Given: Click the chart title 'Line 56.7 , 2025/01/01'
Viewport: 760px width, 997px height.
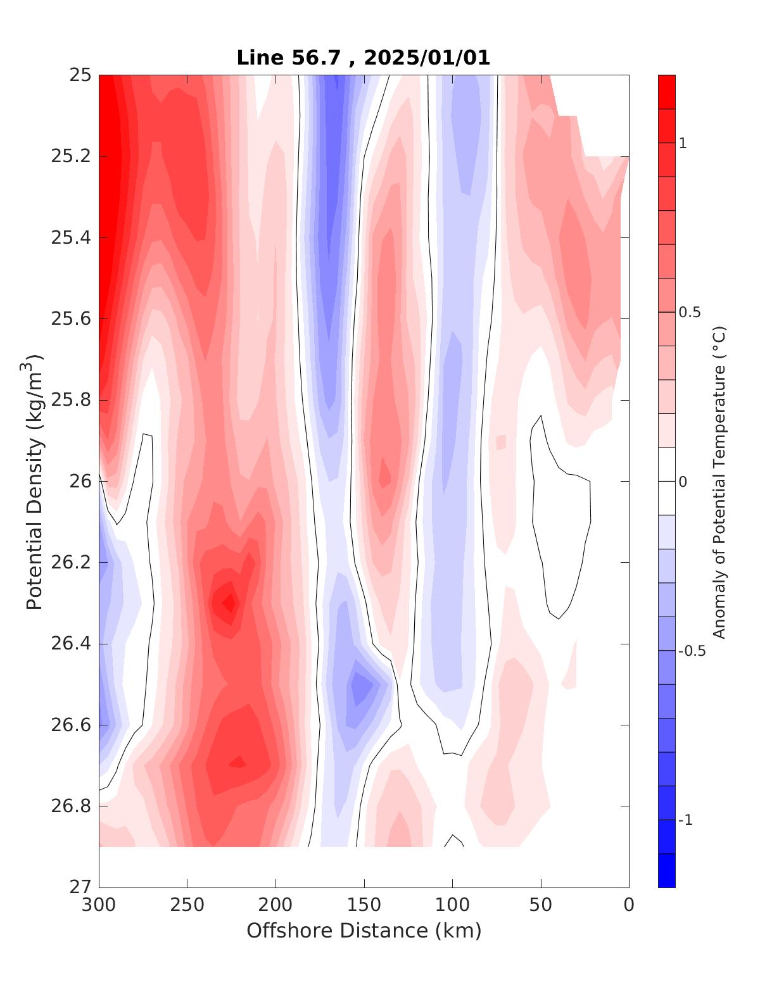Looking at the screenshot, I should [363, 58].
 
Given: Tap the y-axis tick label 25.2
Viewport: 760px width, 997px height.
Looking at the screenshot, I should [70, 156].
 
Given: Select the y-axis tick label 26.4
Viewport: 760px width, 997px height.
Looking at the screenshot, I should [70, 644].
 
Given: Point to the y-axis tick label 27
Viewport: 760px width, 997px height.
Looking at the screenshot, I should [80, 887].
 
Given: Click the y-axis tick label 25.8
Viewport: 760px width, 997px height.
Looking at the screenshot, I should [70, 400].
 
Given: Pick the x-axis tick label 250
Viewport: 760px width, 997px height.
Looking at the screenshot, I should [187, 905].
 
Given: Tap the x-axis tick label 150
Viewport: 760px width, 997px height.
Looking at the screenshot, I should [364, 905].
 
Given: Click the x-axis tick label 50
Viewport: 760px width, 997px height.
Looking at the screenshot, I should [541, 905].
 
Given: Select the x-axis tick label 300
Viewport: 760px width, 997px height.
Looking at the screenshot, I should [99, 905].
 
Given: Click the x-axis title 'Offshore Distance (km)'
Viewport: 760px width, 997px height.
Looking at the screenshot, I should [364, 931].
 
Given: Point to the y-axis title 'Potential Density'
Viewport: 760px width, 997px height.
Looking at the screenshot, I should [34, 481].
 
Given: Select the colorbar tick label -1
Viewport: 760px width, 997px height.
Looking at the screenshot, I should [685, 820].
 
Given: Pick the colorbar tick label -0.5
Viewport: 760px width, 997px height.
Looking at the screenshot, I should [692, 651].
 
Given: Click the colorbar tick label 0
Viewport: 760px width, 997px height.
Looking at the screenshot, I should [682, 482].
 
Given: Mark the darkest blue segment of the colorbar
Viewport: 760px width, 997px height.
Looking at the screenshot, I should [666, 870].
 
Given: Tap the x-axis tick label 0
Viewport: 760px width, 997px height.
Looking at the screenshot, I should [629, 905].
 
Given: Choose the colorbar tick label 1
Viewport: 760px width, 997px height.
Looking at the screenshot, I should [682, 144].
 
